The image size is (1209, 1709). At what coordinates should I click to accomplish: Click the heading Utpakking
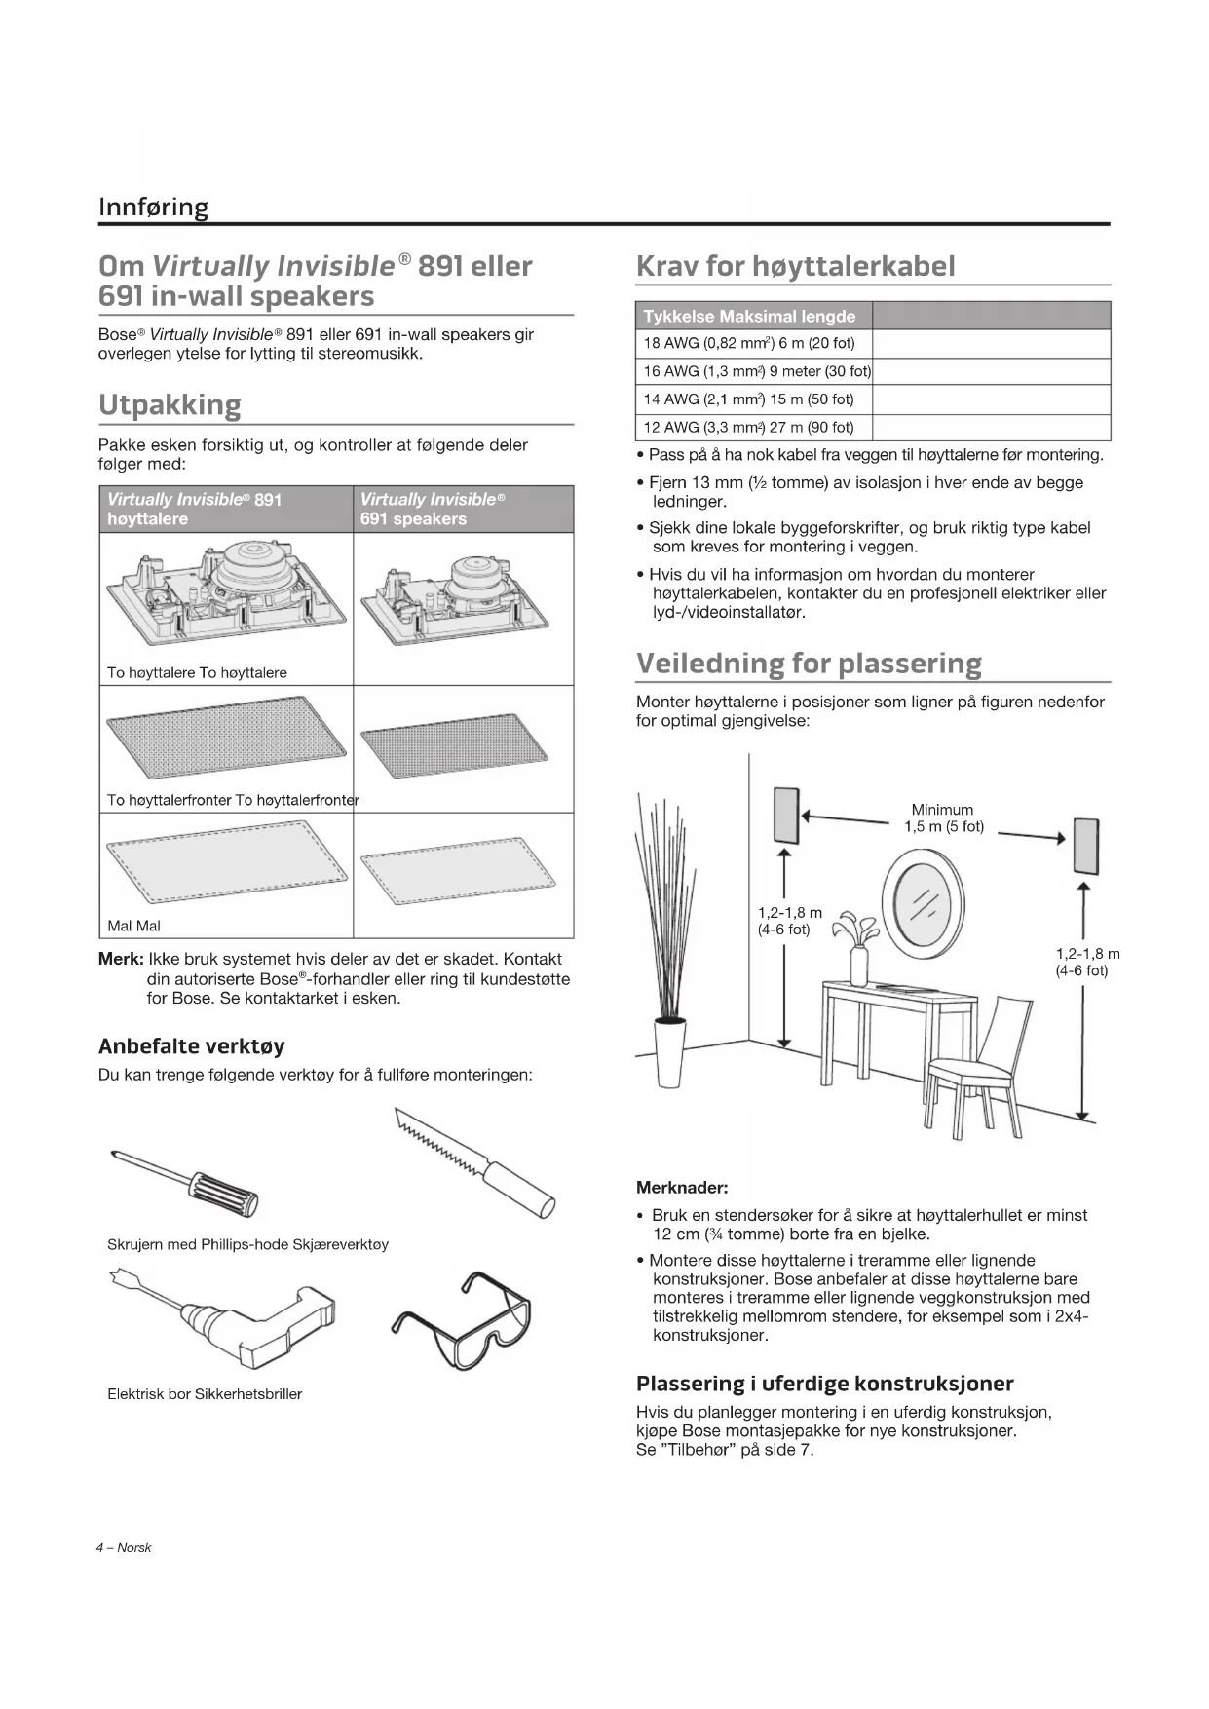coord(170,404)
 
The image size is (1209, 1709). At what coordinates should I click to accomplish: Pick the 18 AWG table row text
coord(748,343)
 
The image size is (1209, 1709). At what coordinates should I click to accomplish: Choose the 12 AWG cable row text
coord(748,427)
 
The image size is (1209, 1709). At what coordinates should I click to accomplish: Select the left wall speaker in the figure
coord(786,815)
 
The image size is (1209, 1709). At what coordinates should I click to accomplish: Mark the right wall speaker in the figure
coord(1086,847)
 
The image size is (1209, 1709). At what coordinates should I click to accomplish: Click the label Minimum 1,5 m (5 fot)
coord(943,818)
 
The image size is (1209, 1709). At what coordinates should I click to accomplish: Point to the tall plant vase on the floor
coord(669,1052)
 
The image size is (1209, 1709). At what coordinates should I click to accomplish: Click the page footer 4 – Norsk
coord(124,1547)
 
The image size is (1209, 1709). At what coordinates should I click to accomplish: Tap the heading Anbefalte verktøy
coord(191,1046)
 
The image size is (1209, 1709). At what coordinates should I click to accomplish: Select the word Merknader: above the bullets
coord(682,1188)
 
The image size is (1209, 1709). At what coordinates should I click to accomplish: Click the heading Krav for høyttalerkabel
coord(795,266)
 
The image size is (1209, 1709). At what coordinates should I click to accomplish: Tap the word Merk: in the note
coord(121,959)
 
